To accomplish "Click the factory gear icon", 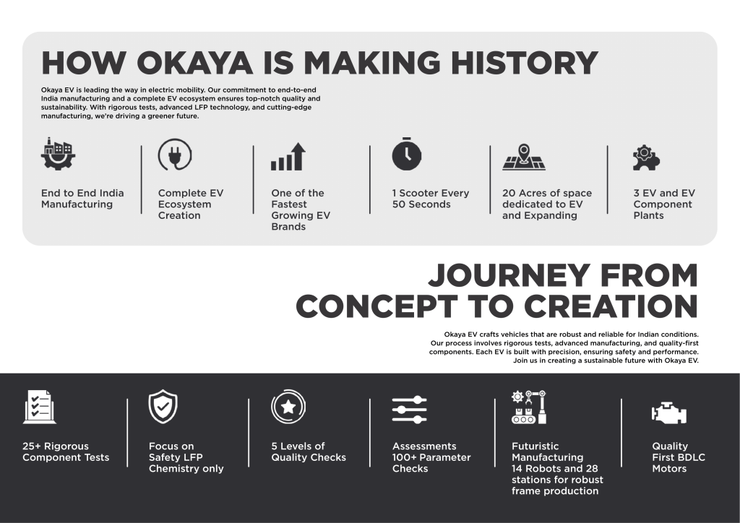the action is click(58, 154).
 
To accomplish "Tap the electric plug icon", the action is click(175, 154).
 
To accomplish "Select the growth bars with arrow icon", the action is click(288, 157).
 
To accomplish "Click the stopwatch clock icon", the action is click(407, 154).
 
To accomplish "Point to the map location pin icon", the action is click(524, 157).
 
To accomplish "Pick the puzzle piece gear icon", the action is click(646, 157).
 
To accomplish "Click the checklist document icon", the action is click(39, 407).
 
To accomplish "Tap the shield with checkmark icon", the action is click(163, 407).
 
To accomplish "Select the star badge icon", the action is click(288, 407).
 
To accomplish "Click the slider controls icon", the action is click(410, 410).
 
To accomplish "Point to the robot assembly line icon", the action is click(528, 407).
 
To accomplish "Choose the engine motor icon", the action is click(668, 413).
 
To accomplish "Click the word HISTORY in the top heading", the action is click(525, 63).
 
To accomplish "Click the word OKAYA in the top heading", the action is click(194, 63).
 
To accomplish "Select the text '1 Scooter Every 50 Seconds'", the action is click(431, 199).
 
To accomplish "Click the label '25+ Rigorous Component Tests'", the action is click(66, 451).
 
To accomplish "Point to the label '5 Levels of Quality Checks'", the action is click(309, 451).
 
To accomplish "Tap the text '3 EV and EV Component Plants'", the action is click(664, 204).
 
